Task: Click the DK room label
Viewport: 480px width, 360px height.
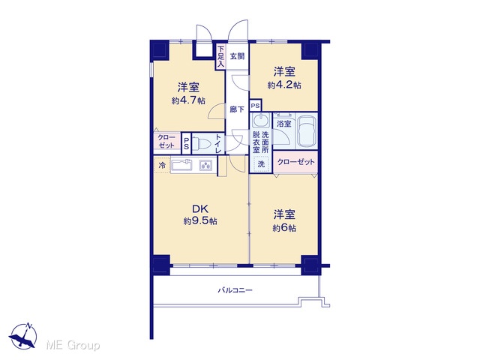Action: coord(200,209)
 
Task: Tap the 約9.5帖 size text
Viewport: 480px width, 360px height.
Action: coord(200,221)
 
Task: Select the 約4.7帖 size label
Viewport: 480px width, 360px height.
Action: coord(188,100)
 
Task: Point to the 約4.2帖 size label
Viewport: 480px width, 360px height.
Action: coord(284,85)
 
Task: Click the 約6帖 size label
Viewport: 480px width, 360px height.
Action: coord(284,228)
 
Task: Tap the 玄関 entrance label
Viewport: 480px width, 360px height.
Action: coord(237,56)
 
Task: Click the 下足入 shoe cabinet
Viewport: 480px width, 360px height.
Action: coord(220,57)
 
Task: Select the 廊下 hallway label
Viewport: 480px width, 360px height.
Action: coord(237,109)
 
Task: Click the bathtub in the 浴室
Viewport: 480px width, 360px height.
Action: coord(307,131)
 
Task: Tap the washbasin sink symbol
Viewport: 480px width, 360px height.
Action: coord(261,121)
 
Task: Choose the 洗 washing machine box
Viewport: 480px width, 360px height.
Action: coord(261,163)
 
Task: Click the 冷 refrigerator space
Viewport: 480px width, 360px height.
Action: coord(162,165)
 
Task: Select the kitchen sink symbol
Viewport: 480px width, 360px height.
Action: coord(181,166)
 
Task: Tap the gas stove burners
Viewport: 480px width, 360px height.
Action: coord(206,166)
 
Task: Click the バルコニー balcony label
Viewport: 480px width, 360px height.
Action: coord(235,289)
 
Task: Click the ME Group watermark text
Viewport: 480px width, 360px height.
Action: coord(73,346)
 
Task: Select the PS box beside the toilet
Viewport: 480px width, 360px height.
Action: coord(186,143)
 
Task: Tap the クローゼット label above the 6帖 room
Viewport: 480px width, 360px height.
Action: coord(295,162)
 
